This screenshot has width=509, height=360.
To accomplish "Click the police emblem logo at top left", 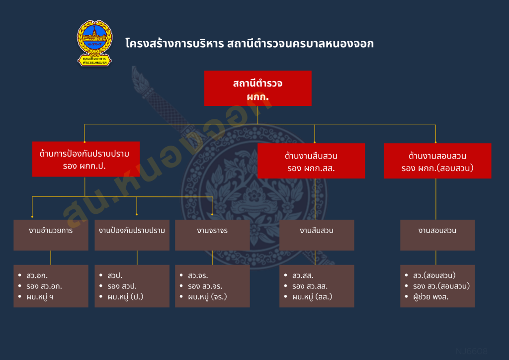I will (x=94, y=43).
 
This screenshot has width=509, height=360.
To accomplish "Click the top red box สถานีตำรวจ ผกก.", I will (x=257, y=88).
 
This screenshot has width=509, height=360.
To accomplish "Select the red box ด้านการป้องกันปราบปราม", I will (x=86, y=159).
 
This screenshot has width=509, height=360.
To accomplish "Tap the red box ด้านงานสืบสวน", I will (x=311, y=161).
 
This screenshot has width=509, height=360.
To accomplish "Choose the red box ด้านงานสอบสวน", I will (x=437, y=161).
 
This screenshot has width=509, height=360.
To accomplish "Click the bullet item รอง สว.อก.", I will (x=44, y=286).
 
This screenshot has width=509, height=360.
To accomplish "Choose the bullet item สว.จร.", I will (x=198, y=275).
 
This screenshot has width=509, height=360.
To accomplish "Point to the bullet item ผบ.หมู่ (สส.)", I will (x=312, y=297).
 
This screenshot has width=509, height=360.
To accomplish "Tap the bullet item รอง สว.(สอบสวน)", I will (x=441, y=286).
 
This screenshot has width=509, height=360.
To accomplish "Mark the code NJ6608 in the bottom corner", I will (x=472, y=351).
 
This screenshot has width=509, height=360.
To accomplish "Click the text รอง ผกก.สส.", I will (x=311, y=168).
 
